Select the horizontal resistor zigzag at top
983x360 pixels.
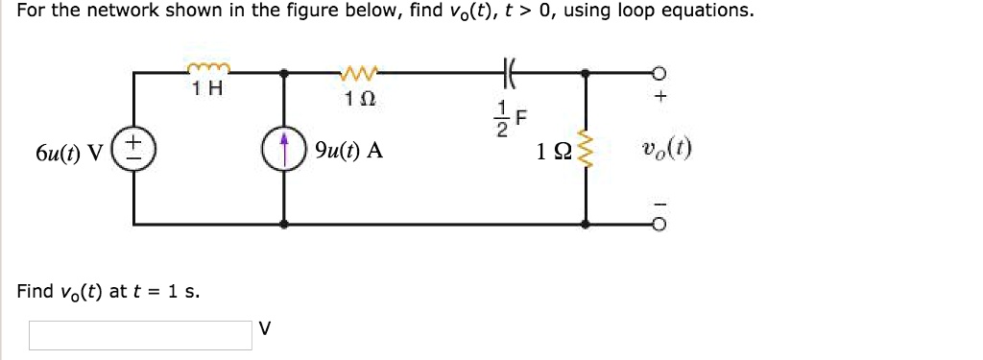pyautogui.click(x=360, y=70)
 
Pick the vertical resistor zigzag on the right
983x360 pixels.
pyautogui.click(x=587, y=153)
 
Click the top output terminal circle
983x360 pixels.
pyautogui.click(x=659, y=72)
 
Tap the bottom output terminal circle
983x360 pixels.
pyautogui.click(x=659, y=225)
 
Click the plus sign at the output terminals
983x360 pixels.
pyautogui.click(x=659, y=99)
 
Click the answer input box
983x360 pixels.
pyautogui.click(x=140, y=335)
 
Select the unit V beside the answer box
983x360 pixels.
pyautogui.click(x=265, y=329)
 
